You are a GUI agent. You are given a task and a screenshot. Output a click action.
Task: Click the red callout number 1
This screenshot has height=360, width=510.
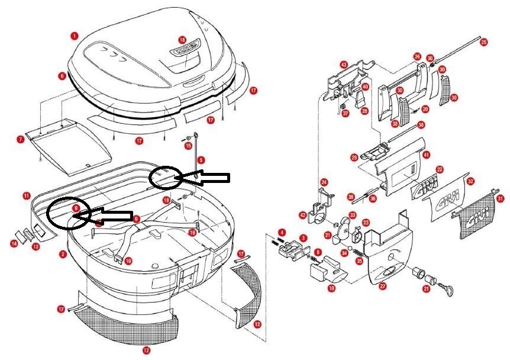click(73, 36)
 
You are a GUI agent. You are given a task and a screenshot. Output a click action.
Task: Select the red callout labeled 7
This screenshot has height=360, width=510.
click(21, 139)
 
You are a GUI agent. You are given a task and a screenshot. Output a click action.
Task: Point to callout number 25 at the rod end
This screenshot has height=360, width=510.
click(484, 42)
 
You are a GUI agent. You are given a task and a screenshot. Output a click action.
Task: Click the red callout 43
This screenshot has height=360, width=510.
click(343, 64)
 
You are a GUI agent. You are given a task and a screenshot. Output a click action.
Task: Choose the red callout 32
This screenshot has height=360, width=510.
click(470, 181)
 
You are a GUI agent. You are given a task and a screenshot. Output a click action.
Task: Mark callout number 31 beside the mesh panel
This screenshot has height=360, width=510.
click(501, 199)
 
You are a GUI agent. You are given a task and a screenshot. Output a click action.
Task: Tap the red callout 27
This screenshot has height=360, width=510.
click(383, 286)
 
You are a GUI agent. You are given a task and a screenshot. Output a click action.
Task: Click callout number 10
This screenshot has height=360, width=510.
click(331, 288)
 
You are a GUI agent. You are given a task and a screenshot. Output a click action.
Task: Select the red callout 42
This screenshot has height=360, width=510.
click(304, 215)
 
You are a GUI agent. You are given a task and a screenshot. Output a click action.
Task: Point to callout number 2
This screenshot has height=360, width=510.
click(63, 254)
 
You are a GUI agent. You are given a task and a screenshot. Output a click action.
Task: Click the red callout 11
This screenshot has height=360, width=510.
click(27, 195)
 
